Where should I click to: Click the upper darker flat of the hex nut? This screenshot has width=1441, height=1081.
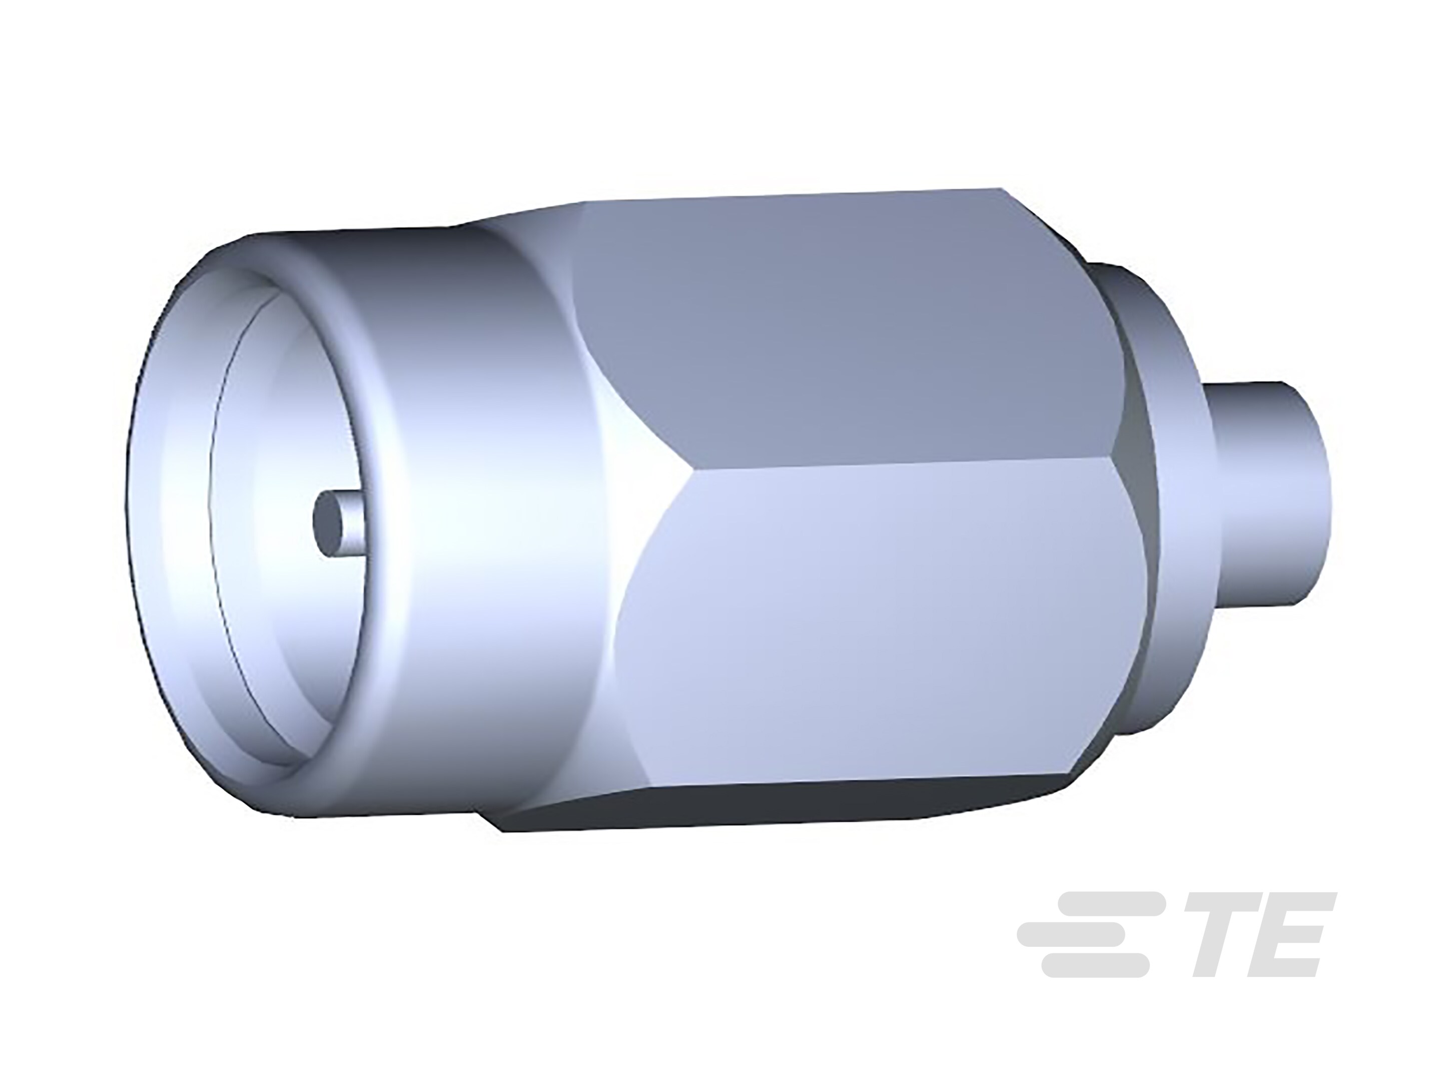click(847, 326)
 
